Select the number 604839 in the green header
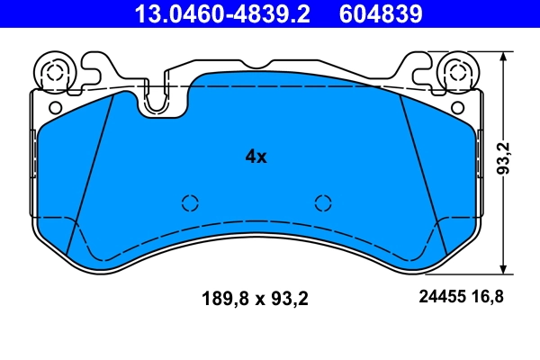(380, 13)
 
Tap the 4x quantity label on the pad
(256, 157)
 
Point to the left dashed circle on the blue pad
(190, 202)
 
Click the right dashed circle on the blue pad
(322, 202)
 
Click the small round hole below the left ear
(56, 108)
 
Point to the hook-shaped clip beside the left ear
(94, 64)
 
